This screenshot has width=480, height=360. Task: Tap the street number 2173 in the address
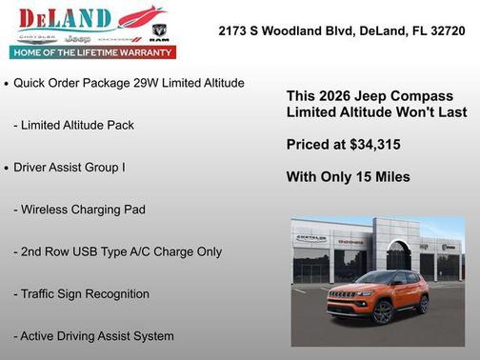pyautogui.click(x=234, y=30)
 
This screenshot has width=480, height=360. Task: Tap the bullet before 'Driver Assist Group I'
pyautogui.click(x=7, y=168)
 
